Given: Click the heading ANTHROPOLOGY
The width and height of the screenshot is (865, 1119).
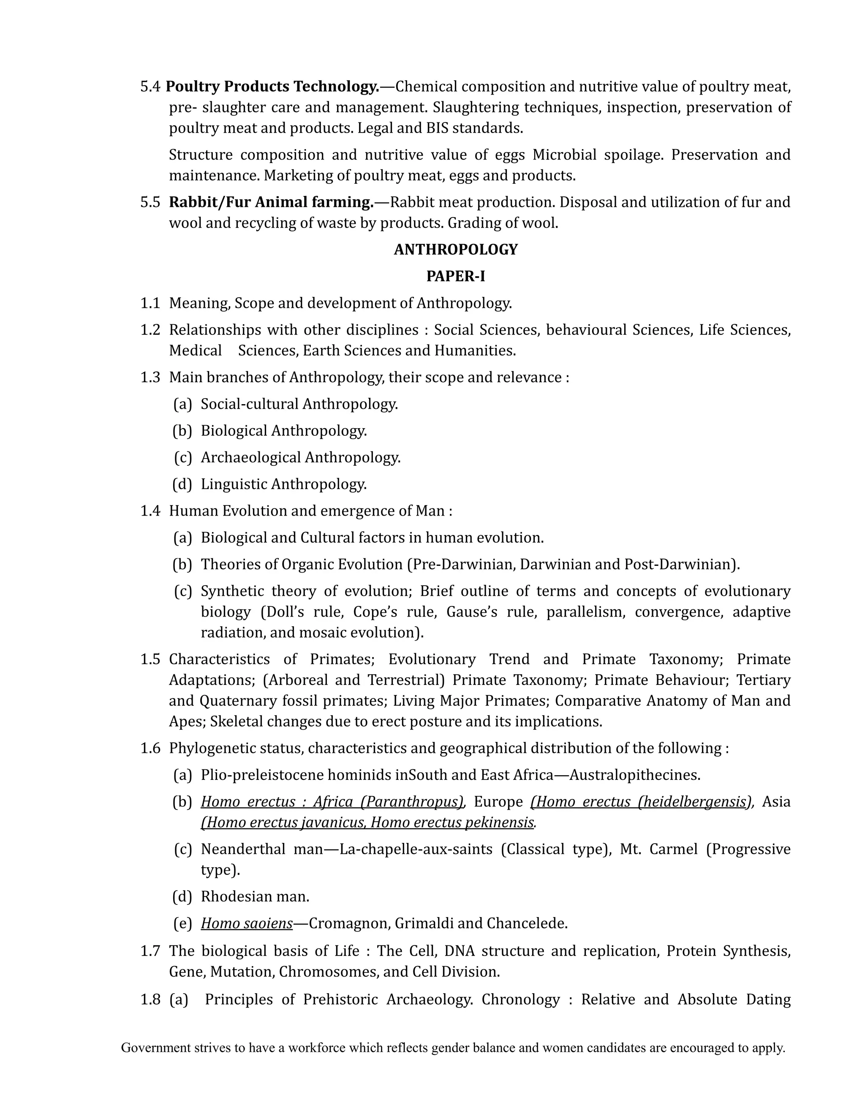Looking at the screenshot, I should point(456,250).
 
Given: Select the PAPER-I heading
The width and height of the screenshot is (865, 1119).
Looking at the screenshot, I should point(456,276).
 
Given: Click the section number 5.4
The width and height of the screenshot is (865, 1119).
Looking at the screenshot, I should point(150,87).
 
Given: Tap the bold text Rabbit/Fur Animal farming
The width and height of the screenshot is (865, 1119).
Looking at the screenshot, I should point(271,202).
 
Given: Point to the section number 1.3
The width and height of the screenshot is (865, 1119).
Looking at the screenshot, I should point(150,377).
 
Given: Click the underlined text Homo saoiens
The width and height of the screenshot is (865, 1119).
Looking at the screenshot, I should point(247,923).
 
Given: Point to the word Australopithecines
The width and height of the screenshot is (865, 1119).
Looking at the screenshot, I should point(634,775).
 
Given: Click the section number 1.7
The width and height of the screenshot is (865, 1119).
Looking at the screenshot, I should point(150,951).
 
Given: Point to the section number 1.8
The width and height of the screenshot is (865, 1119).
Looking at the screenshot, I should point(150,999).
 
